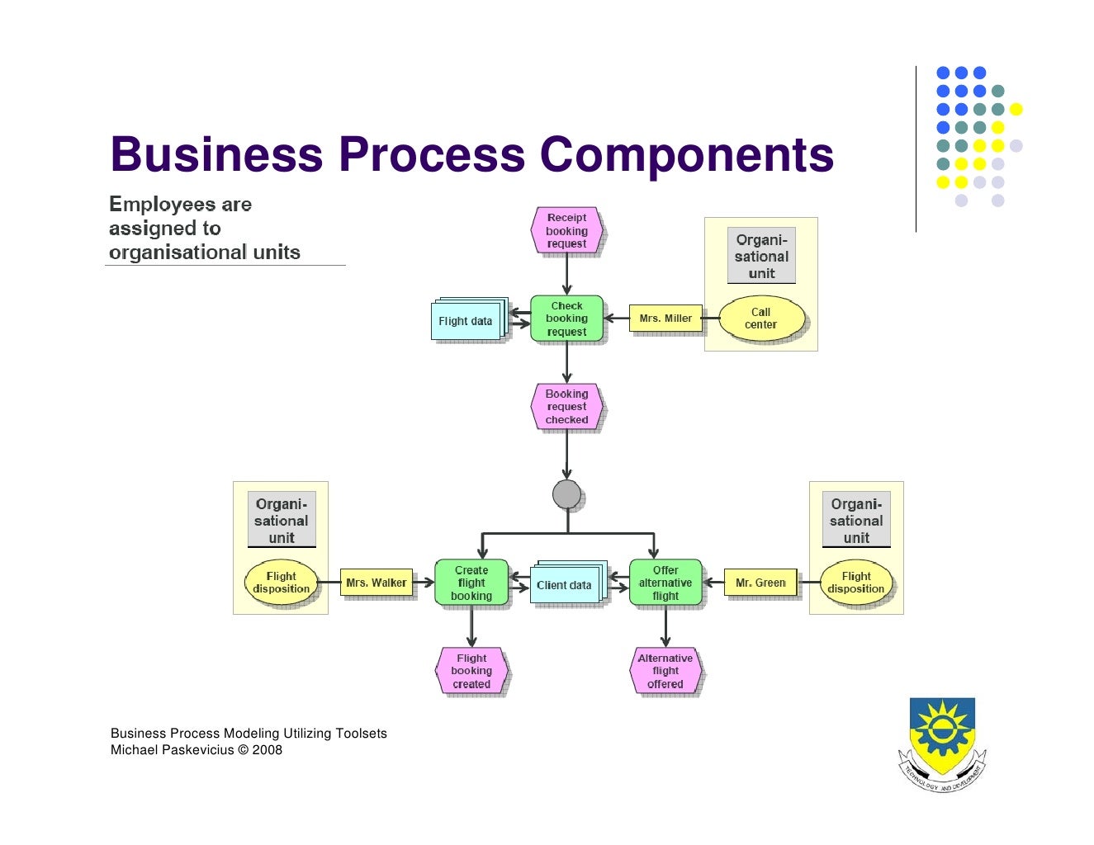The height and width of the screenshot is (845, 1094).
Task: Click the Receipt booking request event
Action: (566, 231)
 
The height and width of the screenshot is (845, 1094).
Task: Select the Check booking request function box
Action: (566, 319)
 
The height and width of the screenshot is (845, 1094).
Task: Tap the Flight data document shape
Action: (466, 321)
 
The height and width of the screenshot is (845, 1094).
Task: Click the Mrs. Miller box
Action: (665, 319)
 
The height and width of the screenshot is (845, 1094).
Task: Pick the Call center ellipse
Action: (760, 319)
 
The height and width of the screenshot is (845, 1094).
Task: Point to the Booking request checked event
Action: (566, 407)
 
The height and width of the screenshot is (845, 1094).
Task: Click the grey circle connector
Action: (566, 494)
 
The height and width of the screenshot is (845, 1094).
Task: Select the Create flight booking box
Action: (471, 583)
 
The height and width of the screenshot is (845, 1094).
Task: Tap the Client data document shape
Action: (564, 585)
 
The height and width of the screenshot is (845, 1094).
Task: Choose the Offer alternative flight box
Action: (665, 583)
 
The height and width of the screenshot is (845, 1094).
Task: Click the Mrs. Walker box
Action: (377, 583)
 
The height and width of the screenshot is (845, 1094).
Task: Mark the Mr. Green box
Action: (760, 583)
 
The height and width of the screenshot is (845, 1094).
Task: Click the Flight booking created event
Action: (471, 671)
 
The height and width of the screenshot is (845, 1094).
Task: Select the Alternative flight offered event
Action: (665, 671)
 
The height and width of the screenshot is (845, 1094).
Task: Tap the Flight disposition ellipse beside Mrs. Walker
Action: (281, 583)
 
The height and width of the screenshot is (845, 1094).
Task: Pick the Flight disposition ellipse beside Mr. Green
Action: (856, 583)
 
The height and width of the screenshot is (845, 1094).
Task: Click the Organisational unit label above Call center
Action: (761, 256)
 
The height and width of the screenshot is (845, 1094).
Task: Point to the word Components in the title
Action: (686, 154)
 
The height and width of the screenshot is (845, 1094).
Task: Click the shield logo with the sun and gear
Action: (942, 741)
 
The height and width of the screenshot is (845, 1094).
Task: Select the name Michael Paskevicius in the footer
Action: (173, 750)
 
